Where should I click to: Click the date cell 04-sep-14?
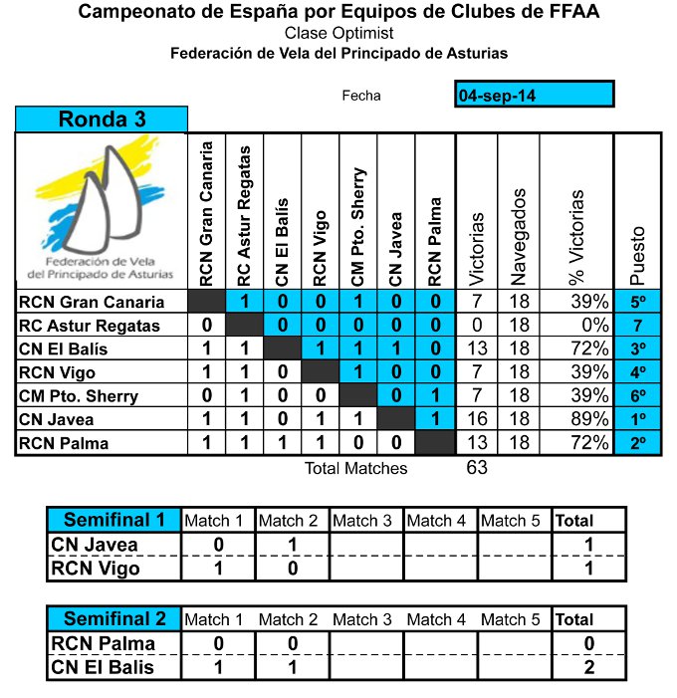click(534, 95)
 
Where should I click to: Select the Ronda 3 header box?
click(102, 120)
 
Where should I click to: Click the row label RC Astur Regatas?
click(89, 326)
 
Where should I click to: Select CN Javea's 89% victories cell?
click(585, 420)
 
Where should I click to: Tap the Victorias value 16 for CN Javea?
click(477, 420)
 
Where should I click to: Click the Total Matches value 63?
click(477, 467)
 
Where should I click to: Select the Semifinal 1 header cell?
click(113, 520)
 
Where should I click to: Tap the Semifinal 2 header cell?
click(113, 618)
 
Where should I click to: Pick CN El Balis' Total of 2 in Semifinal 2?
click(588, 667)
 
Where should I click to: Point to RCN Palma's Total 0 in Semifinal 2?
click(588, 643)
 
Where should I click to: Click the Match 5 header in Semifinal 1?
click(514, 521)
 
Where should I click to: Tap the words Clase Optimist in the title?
click(338, 34)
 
